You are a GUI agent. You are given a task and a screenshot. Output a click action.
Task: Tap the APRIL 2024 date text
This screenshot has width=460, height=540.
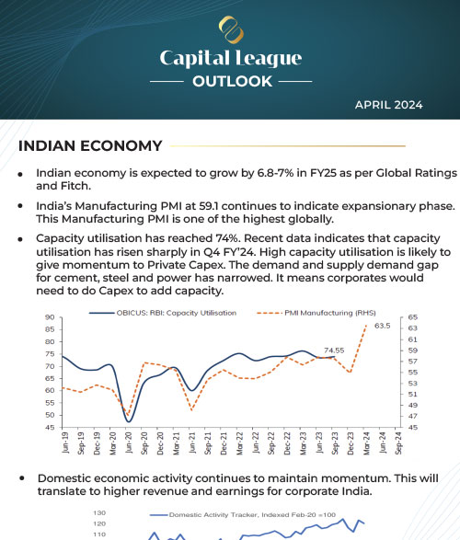coord(388,104)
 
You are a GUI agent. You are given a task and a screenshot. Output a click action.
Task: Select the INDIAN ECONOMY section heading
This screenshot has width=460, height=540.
coord(90,145)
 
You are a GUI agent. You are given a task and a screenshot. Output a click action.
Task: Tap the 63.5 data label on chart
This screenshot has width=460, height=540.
coord(383,326)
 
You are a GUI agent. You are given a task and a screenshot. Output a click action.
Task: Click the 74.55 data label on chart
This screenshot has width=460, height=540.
coord(337,350)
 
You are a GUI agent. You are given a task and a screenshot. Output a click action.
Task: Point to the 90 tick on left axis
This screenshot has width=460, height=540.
coord(46,317)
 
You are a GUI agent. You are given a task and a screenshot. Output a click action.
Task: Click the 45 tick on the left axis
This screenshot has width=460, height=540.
coord(46,427)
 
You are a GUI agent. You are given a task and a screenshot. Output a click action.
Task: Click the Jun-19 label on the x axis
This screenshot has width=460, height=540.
coord(64,445)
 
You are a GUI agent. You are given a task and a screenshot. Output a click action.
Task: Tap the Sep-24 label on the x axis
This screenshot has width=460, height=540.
coord(397,445)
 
